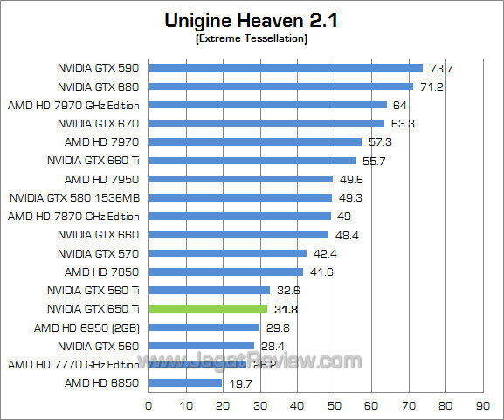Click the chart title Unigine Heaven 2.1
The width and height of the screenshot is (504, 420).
pyautogui.click(x=251, y=20)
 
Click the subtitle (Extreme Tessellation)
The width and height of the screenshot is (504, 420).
pyautogui.click(x=251, y=39)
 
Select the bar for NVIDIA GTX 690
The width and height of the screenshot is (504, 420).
pyautogui.click(x=286, y=67)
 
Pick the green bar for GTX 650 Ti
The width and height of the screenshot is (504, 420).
pyautogui.click(x=208, y=308)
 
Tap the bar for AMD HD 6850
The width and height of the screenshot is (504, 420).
pyautogui.click(x=185, y=382)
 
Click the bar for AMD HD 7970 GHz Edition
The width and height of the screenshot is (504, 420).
pyautogui.click(x=267, y=105)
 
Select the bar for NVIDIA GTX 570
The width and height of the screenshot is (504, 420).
pyautogui.click(x=227, y=253)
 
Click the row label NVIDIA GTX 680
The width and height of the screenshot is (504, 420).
pyautogui.click(x=99, y=86)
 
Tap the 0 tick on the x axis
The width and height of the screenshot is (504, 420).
pyautogui.click(x=148, y=405)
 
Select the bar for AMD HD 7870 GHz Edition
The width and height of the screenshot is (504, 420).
pyautogui.click(x=239, y=216)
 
